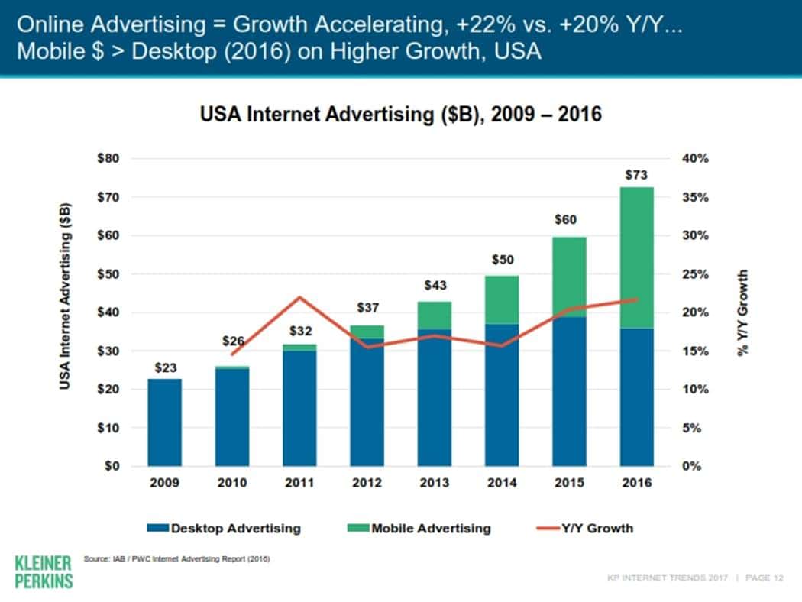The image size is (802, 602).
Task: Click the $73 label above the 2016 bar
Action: coord(637,176)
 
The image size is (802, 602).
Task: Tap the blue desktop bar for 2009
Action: coord(165,422)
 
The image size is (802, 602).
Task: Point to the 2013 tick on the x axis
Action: coord(434,483)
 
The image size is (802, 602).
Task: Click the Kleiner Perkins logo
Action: coord(44,571)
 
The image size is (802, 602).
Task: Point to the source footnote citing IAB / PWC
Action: coord(176,559)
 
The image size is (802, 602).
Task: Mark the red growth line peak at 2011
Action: coord(300,297)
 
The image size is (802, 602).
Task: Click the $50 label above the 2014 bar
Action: coord(501,261)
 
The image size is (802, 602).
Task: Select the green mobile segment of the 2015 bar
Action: coord(569,277)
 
